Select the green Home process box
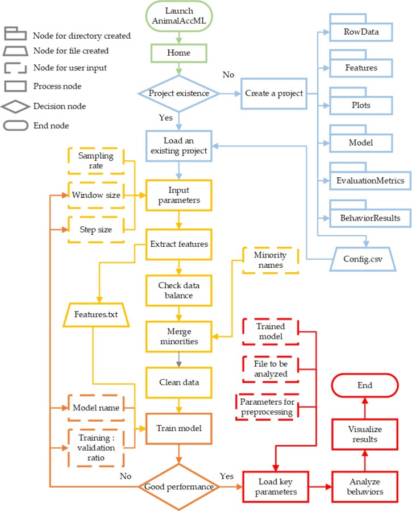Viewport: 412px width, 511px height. tap(180, 52)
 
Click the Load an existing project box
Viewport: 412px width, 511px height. tap(180, 148)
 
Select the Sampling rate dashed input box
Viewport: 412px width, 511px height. tap(96, 161)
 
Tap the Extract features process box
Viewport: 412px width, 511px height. tap(180, 243)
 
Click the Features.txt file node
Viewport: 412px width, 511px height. tap(95, 313)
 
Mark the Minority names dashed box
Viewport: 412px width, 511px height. tap(270, 260)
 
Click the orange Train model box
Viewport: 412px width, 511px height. tap(180, 426)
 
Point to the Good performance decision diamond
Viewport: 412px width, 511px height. tap(180, 487)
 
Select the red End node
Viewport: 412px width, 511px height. tap(365, 385)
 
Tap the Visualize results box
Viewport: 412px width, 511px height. tap(365, 434)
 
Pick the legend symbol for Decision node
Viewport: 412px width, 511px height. tap(16, 106)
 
